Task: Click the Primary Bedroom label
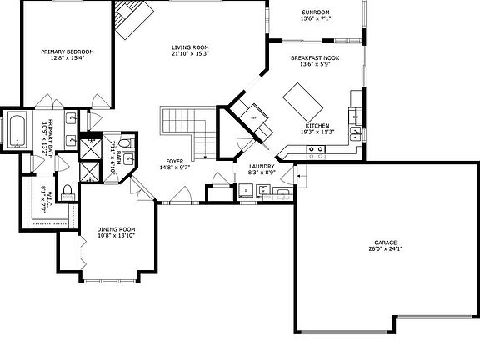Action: point(67,52)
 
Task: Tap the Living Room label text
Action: point(189,47)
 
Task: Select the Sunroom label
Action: point(316,12)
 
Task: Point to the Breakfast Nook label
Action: point(314,57)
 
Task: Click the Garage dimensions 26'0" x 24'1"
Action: point(385,249)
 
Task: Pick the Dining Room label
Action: point(116,229)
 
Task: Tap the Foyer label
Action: point(174,162)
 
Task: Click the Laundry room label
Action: point(261,167)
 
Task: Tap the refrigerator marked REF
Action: point(254,117)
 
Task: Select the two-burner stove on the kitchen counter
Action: point(317,150)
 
